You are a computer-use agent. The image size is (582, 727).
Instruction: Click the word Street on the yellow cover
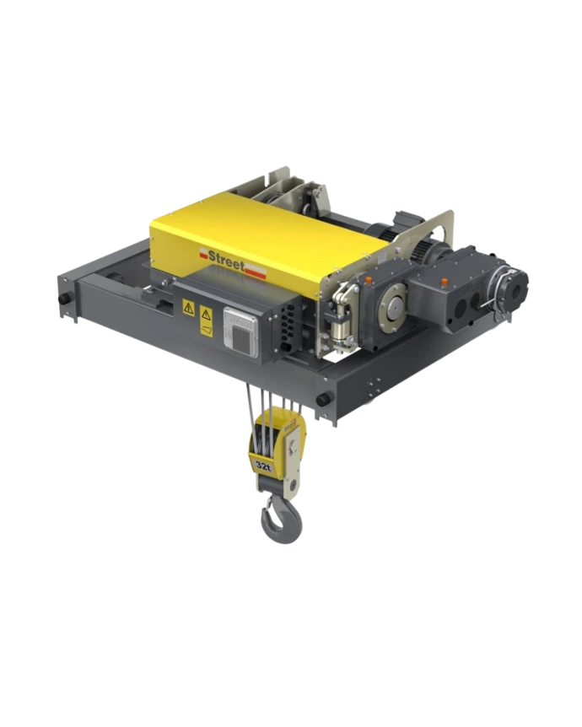[x=226, y=258]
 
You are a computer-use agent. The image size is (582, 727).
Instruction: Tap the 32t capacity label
[x=263, y=466]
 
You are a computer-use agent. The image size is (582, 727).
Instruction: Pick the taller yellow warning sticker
[x=207, y=320]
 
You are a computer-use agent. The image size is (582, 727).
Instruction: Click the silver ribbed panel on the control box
[x=240, y=333]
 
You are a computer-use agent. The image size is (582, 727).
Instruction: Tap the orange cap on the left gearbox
[x=369, y=280]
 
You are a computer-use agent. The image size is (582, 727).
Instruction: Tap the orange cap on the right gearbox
[x=445, y=281]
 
